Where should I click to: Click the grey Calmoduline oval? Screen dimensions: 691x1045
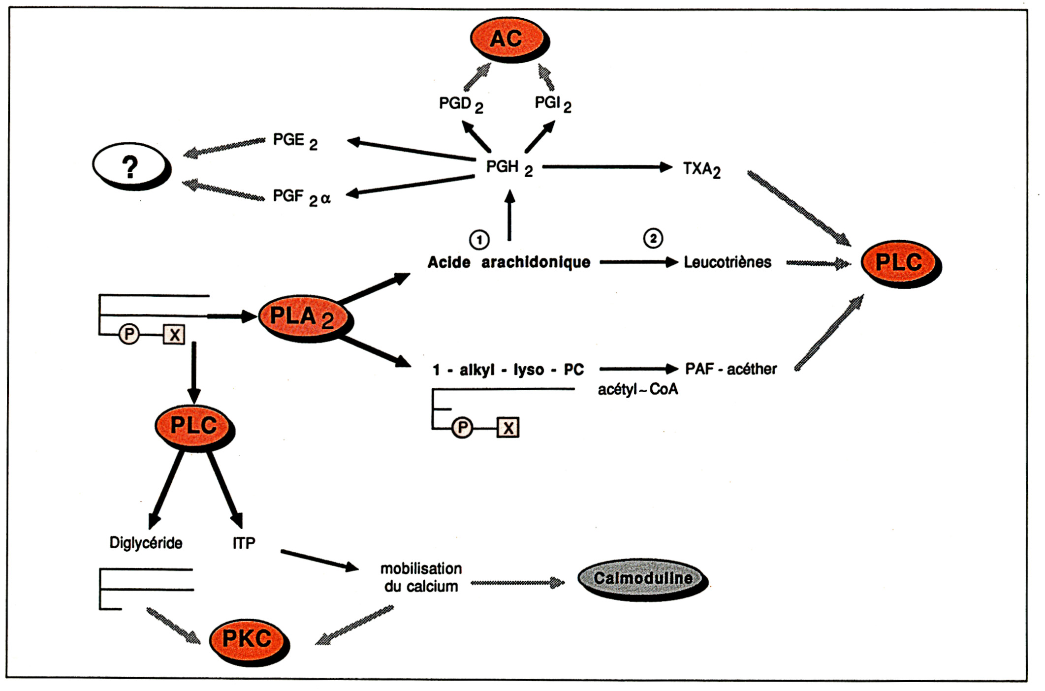tap(642, 578)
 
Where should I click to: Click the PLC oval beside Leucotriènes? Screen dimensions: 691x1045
tap(899, 262)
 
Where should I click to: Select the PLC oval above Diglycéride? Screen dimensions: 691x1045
tap(193, 425)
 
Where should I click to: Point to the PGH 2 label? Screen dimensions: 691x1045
tap(509, 168)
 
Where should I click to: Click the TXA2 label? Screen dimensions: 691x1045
tap(701, 169)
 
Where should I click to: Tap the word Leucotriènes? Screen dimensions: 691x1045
tap(727, 262)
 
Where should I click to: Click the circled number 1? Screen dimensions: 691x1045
tap(479, 240)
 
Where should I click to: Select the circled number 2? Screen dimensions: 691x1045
tap(653, 239)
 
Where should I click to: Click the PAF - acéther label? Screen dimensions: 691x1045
tap(730, 369)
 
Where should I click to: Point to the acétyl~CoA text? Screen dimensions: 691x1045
tap(637, 390)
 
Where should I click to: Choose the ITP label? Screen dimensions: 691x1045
tap(244, 543)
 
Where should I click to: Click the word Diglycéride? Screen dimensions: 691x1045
tap(146, 543)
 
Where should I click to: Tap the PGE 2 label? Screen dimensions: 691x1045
tap(295, 141)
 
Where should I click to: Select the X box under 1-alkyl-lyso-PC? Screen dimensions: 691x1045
tap(508, 427)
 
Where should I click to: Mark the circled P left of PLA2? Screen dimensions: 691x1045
tap(129, 335)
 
